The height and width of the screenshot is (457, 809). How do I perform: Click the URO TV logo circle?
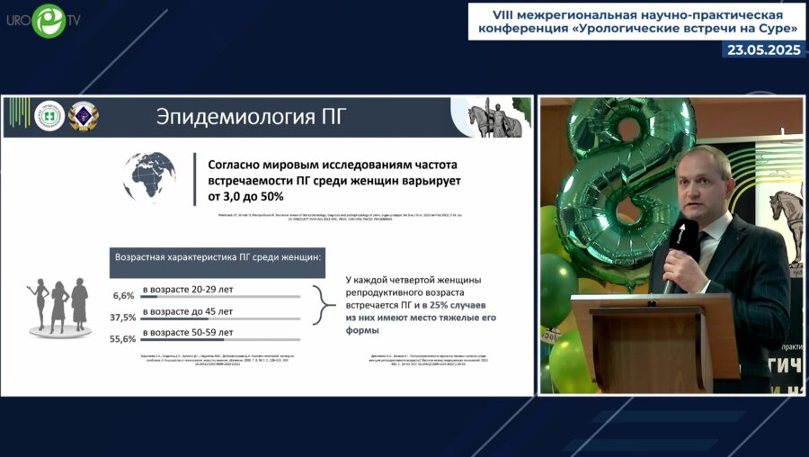48,21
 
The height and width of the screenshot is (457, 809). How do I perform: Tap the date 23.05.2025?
763,50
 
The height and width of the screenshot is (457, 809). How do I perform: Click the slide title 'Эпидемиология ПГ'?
251,117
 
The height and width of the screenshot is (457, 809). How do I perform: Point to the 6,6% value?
123,295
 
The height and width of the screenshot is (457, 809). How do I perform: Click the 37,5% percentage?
123,318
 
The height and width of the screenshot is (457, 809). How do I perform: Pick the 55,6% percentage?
123,339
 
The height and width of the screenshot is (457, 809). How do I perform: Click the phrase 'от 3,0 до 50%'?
245,196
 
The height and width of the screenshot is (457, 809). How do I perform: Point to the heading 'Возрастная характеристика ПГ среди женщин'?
219,257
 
